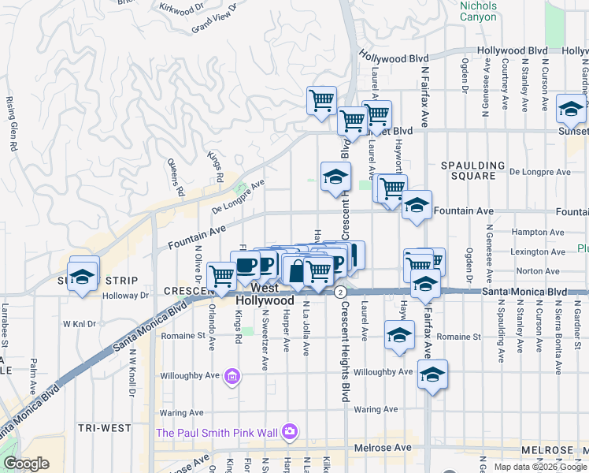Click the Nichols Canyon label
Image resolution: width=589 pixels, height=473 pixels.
478,10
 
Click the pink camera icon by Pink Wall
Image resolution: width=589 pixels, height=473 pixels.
289,431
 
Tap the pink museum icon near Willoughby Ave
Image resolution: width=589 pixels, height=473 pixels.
232,378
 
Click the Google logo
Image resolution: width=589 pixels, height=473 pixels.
27,464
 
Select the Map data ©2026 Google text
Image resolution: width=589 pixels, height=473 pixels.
539,467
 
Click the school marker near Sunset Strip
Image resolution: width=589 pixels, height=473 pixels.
82,277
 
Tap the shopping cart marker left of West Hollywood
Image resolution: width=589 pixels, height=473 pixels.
223,276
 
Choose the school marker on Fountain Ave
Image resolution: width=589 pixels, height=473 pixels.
416,207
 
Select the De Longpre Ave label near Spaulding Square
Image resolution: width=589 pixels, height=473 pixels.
539,171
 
